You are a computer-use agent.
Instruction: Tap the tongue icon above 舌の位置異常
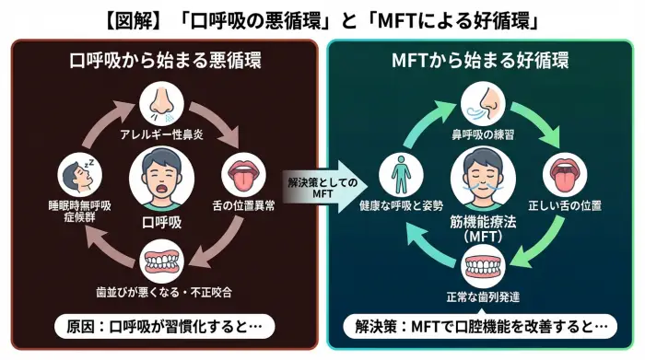[x=243, y=175]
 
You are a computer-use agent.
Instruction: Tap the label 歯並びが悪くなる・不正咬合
[x=163, y=293]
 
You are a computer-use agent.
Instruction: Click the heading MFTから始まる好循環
[x=479, y=63]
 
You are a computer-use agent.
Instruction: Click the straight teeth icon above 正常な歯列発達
[x=483, y=267]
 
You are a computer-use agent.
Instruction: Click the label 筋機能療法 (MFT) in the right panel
[x=483, y=227]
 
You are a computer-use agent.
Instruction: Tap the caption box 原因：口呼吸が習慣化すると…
[x=164, y=327]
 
